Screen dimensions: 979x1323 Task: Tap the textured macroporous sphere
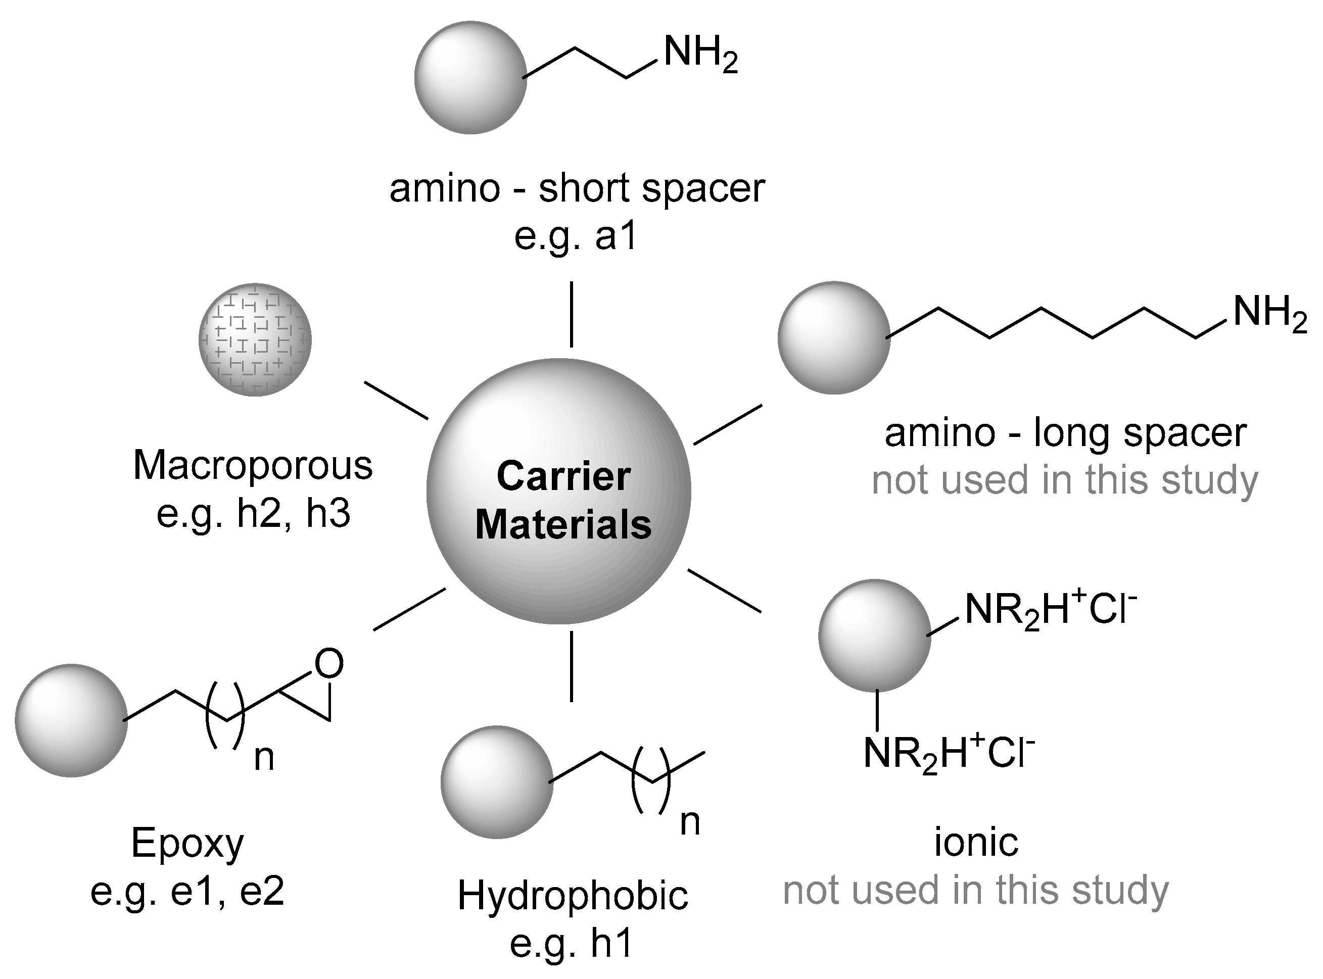coord(255,339)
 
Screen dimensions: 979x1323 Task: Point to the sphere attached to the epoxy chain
coord(71,720)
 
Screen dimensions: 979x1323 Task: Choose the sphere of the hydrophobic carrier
coord(497,782)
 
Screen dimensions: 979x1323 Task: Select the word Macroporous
coord(253,466)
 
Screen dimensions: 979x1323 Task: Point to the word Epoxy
coord(187,843)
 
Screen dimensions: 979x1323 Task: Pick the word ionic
coord(976,843)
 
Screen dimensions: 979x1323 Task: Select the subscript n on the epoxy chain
coord(264,759)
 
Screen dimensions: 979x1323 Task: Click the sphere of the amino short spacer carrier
coord(470,78)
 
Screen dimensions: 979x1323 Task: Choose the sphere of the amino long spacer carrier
coord(833,337)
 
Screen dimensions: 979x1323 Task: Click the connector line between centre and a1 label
coord(572,314)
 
